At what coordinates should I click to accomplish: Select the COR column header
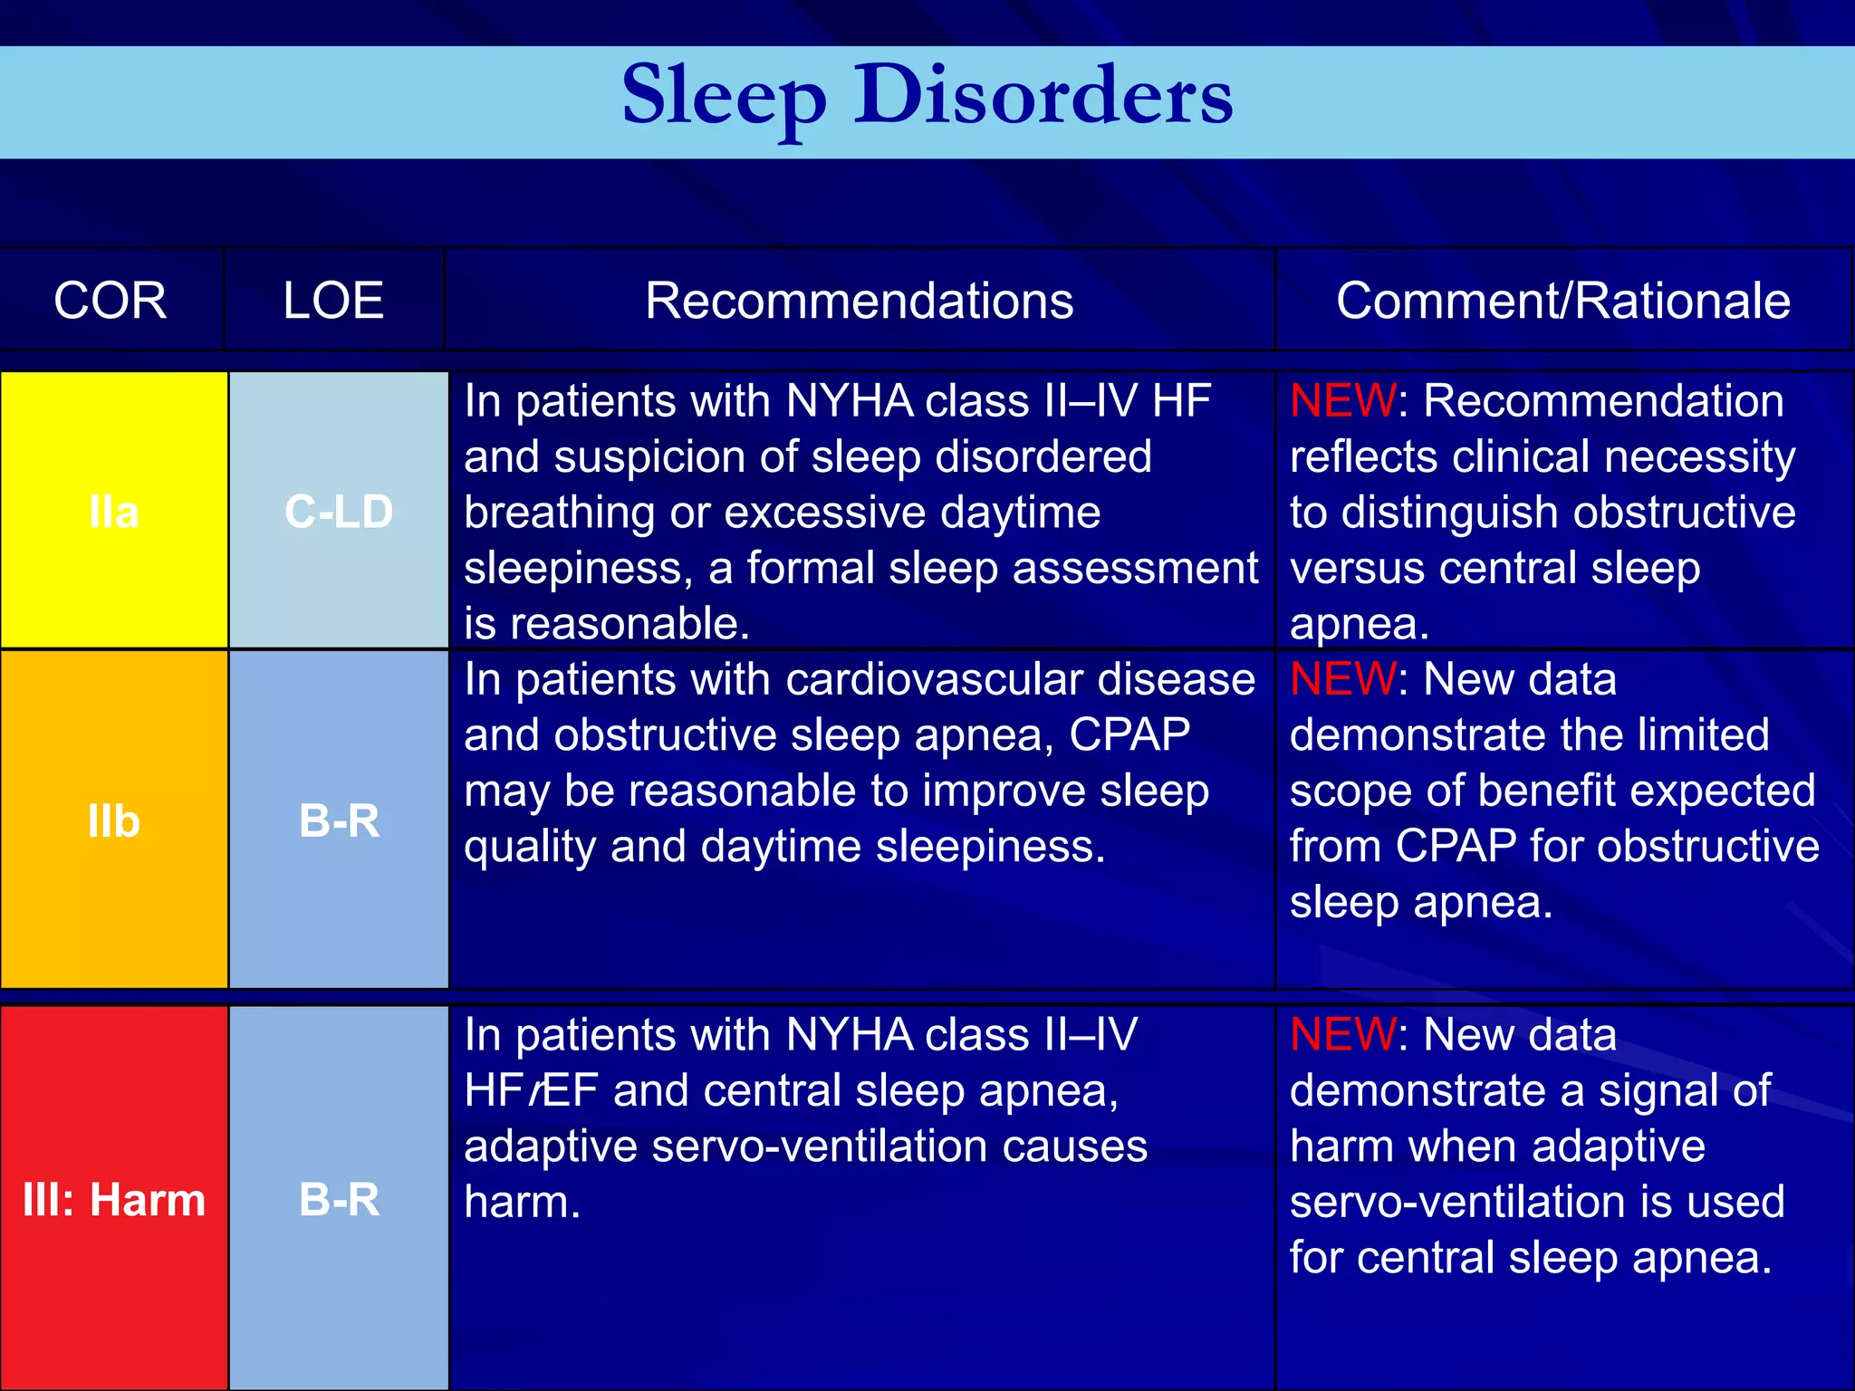tap(111, 301)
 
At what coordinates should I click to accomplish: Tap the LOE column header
tap(333, 301)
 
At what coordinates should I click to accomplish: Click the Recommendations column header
tap(859, 301)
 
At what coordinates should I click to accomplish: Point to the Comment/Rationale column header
tap(1562, 301)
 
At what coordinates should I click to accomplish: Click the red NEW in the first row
tap(1342, 400)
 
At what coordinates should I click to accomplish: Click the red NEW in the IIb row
tap(1342, 679)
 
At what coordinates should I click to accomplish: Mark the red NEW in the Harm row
tap(1342, 1034)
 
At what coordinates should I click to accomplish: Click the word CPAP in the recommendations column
tap(1129, 734)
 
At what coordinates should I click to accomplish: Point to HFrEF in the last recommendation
tap(531, 1090)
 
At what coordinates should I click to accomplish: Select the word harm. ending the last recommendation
tap(522, 1202)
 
